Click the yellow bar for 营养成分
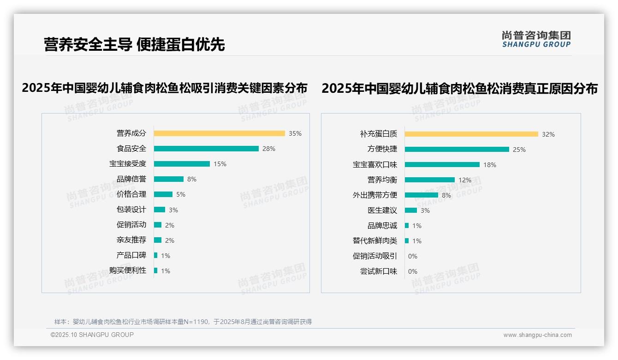tap(219, 133)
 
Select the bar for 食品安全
tap(206, 149)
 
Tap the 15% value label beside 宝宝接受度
tap(220, 164)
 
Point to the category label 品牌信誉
tap(131, 179)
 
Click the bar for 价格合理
tap(163, 194)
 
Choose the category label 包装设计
tap(131, 210)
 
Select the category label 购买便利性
tap(128, 270)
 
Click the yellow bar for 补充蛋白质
tap(471, 134)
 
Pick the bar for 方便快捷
tap(457, 150)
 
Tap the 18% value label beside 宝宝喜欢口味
tap(490, 165)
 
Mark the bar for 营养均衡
tap(430, 180)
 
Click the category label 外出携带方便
tap(375, 195)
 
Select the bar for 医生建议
tap(411, 210)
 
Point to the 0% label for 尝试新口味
tap(413, 271)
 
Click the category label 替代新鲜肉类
tap(375, 241)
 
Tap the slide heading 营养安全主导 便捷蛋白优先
tap(134, 44)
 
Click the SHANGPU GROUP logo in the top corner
tap(536, 39)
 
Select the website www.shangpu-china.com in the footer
tap(537, 335)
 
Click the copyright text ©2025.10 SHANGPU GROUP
tap(92, 335)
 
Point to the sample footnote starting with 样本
tap(183, 322)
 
